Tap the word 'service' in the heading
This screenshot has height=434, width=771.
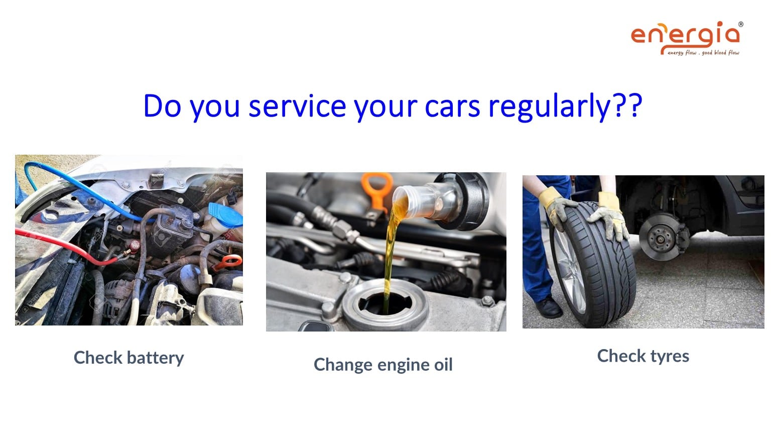click(x=297, y=106)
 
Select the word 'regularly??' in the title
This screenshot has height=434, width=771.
click(x=565, y=107)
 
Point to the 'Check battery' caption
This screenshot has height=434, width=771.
click(x=128, y=358)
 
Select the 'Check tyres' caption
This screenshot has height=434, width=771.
click(x=643, y=356)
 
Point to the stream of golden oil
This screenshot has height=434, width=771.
click(x=391, y=255)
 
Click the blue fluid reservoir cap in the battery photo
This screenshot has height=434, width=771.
click(x=225, y=215)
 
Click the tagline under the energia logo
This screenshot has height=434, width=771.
click(x=703, y=53)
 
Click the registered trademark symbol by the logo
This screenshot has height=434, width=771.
click(x=741, y=25)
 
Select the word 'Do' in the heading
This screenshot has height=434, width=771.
click(x=162, y=106)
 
